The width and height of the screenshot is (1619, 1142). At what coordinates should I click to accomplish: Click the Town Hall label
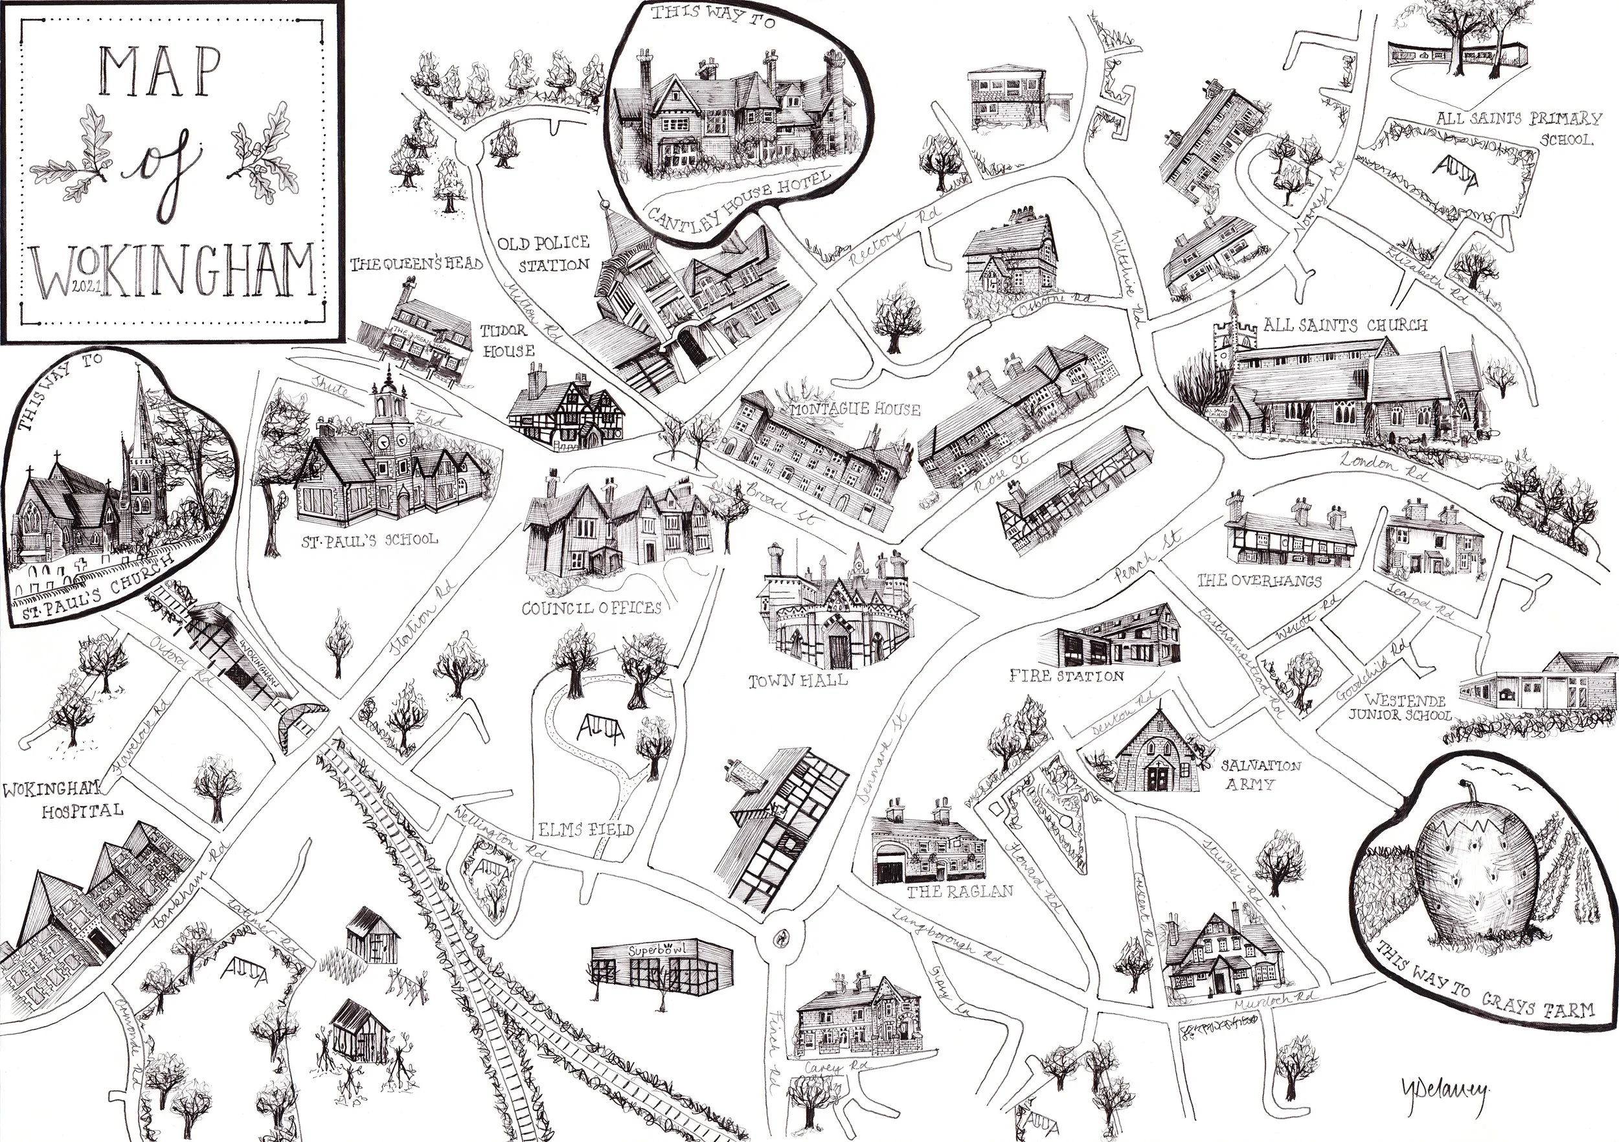[x=797, y=681]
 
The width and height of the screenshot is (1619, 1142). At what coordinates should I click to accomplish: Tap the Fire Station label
[x=1066, y=676]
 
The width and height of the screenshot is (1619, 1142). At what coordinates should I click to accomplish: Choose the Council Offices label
[x=591, y=607]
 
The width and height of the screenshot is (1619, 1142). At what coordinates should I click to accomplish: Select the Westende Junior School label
[x=1399, y=708]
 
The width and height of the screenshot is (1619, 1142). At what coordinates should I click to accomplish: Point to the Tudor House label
[x=507, y=341]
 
